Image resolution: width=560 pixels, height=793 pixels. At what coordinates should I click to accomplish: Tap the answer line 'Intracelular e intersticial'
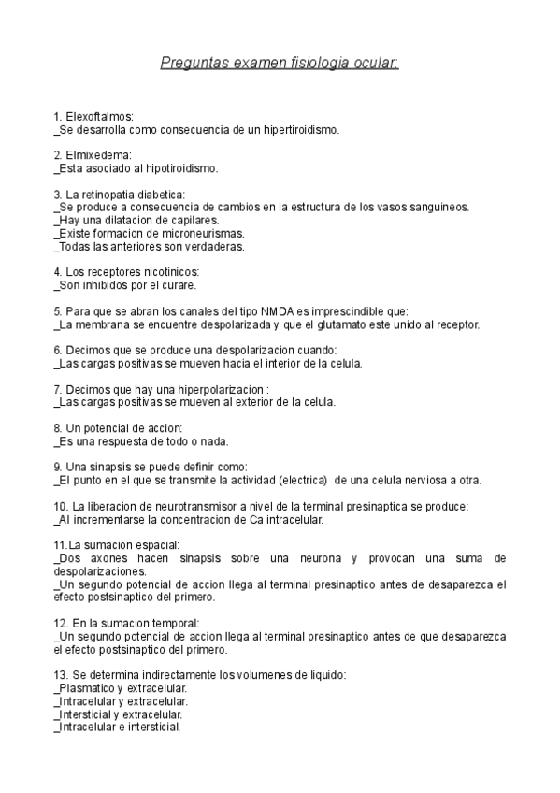(118, 727)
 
